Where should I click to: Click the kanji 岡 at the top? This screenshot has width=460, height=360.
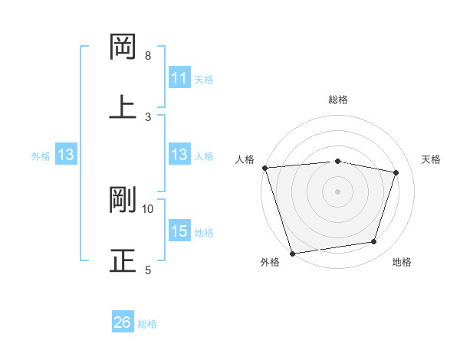[x=123, y=48]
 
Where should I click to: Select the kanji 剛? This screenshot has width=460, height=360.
[x=123, y=200]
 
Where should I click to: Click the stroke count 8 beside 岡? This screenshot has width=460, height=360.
[x=148, y=56]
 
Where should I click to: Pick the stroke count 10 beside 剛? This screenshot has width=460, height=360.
[x=148, y=208]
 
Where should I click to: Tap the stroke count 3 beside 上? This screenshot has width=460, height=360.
[x=148, y=116]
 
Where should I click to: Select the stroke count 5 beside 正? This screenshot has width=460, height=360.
[x=148, y=270]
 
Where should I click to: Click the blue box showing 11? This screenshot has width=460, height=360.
[x=179, y=78]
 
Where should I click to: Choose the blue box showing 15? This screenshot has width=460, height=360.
[x=179, y=231]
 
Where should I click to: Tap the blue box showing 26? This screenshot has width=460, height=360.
[x=123, y=322]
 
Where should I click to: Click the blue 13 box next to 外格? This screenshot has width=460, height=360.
[x=66, y=155]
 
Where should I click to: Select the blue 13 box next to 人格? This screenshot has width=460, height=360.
[x=179, y=155]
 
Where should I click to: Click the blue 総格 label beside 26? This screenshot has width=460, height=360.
[x=148, y=324]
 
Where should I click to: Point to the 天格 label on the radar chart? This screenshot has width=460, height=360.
[x=432, y=159]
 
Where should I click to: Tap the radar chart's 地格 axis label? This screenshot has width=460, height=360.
[x=402, y=262]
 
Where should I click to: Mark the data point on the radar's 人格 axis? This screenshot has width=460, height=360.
[x=264, y=168]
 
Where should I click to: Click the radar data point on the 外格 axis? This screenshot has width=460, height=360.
[x=292, y=253]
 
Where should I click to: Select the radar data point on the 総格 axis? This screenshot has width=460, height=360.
[x=337, y=161]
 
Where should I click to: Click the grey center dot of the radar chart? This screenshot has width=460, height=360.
[x=337, y=191]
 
